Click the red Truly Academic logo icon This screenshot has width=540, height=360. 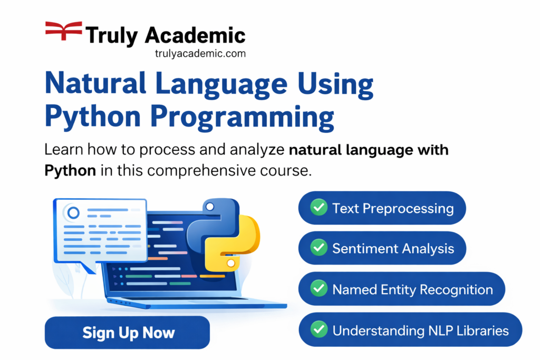[64, 30]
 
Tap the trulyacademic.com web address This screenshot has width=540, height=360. [200, 53]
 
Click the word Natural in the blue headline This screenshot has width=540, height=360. [96, 83]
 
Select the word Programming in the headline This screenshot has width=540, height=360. [242, 118]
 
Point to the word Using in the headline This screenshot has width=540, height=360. [335, 85]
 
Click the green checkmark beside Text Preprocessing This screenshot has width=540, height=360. [319, 207]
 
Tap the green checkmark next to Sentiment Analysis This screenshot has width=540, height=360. [319, 247]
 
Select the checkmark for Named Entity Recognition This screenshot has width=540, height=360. [319, 288]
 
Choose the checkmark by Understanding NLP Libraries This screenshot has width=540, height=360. [319, 329]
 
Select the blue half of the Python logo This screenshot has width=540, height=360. [213, 223]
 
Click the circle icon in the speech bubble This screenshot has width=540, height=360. [73, 212]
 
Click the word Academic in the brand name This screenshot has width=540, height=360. [195, 35]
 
